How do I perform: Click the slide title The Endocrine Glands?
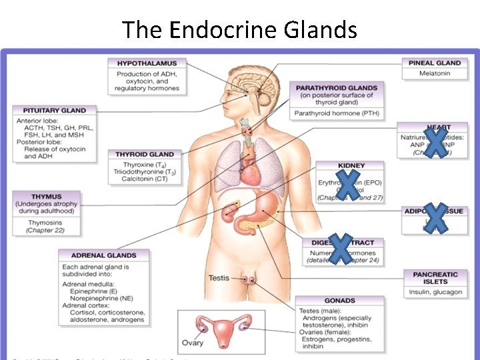point(240,29)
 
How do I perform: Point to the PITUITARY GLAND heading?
point(55,110)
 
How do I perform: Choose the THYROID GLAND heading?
point(145,154)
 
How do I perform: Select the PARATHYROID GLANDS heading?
point(336,87)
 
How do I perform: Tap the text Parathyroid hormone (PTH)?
point(336,113)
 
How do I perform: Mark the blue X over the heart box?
point(436,143)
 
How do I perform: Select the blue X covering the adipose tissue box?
point(435,218)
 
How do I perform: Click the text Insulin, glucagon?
point(436,292)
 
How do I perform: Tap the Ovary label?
point(193,343)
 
